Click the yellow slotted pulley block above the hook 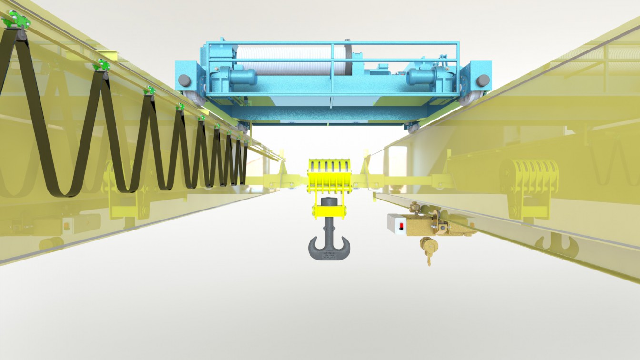(x=329, y=174)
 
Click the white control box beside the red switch (x=395, y=224)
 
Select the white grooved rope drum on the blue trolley (x=290, y=60)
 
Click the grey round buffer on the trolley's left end (x=184, y=80)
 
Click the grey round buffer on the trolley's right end (x=483, y=80)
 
